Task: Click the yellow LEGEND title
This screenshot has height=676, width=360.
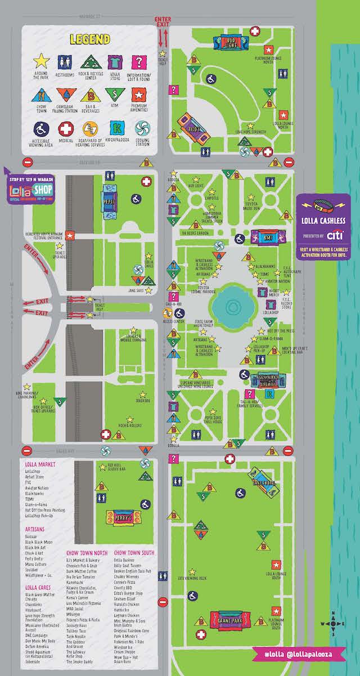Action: pos(89,40)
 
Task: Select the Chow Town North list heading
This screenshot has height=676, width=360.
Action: pos(87,553)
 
